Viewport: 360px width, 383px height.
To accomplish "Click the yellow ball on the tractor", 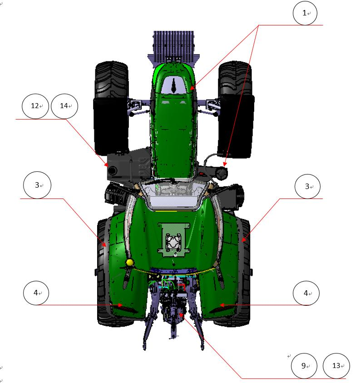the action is pos(129,263).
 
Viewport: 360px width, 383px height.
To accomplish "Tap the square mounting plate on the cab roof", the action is pos(173,240).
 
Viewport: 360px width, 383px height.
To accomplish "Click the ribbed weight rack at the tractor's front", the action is pos(173,46).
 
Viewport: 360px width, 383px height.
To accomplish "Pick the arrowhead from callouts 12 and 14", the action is pos(106,164).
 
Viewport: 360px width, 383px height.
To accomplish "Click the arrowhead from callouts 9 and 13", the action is pos(181,315).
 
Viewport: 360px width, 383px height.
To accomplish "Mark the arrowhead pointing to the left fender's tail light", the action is pos(120,305).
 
